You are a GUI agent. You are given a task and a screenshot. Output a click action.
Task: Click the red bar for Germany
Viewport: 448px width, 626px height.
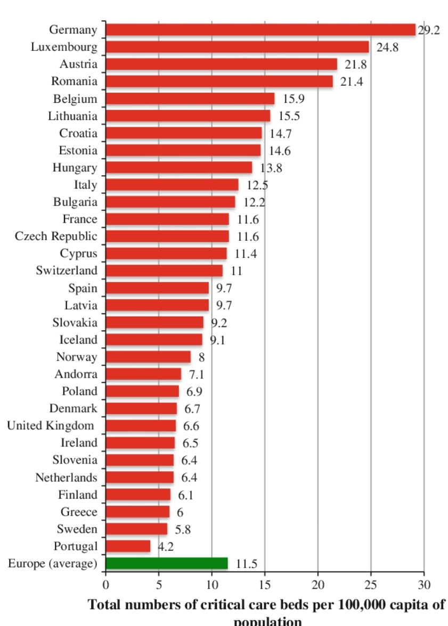pyautogui.click(x=260, y=30)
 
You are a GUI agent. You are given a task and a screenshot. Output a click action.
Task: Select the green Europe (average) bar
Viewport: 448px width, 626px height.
pyautogui.click(x=167, y=563)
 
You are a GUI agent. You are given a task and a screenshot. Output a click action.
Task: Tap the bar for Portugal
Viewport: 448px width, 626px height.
pyautogui.click(x=128, y=546)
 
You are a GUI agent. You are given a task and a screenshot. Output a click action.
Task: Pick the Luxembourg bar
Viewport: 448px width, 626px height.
pyautogui.click(x=238, y=47)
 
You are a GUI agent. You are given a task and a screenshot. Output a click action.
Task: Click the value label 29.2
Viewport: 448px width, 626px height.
pyautogui.click(x=429, y=30)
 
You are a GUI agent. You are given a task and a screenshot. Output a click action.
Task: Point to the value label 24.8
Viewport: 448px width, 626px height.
pyautogui.click(x=387, y=47)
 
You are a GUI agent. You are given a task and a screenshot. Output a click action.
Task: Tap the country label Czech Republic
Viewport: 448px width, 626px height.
pyautogui.click(x=56, y=236)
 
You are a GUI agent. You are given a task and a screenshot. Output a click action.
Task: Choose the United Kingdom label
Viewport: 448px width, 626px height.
pyautogui.click(x=50, y=426)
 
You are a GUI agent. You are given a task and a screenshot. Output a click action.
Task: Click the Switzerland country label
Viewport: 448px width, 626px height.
pyautogui.click(x=67, y=271)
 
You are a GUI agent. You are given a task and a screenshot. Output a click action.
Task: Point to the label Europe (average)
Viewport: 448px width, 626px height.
pyautogui.click(x=52, y=563)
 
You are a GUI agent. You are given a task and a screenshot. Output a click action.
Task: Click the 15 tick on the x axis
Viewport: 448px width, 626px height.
pyautogui.click(x=265, y=585)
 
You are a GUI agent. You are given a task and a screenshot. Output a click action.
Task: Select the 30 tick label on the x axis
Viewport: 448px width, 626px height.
pyautogui.click(x=424, y=585)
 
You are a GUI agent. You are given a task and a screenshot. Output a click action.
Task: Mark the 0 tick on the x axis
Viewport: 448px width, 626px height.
pyautogui.click(x=106, y=585)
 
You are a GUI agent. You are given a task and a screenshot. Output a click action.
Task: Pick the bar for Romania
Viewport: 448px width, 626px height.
pyautogui.click(x=219, y=82)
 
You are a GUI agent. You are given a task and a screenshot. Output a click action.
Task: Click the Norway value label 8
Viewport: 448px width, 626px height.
pyautogui.click(x=201, y=357)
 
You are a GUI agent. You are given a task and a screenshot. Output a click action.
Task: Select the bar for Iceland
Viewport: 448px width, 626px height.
pyautogui.click(x=154, y=339)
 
